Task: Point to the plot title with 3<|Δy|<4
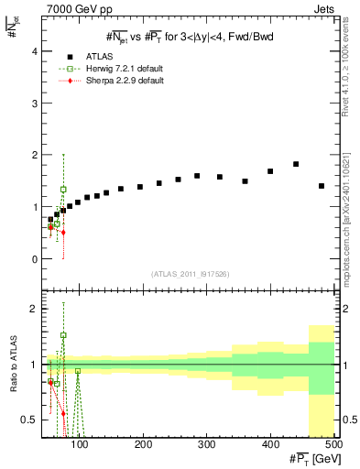point(191,38)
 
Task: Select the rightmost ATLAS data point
point(322,186)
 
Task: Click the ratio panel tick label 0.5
point(31,420)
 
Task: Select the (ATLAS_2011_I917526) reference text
point(191,275)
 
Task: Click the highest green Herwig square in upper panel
point(63,190)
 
